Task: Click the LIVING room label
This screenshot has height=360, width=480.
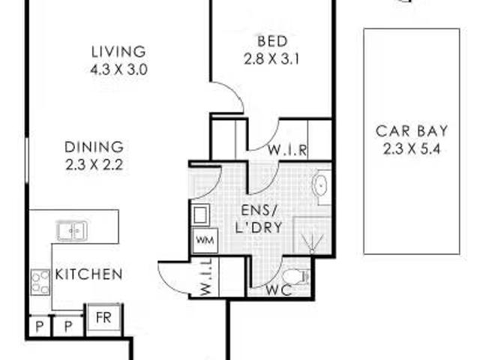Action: click(x=118, y=52)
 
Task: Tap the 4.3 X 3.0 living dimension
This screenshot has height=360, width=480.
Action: click(x=118, y=70)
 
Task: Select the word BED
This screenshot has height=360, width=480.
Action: click(x=272, y=41)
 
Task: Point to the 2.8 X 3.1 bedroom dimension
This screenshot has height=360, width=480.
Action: click(x=271, y=59)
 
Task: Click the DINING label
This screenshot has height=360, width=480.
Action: click(x=94, y=147)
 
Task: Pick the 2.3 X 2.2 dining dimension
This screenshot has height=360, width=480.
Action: click(x=94, y=165)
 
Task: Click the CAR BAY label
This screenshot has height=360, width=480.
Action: click(x=412, y=131)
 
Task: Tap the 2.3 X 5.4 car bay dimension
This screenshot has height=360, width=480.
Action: click(x=412, y=149)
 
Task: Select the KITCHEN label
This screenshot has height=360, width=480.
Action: click(x=88, y=274)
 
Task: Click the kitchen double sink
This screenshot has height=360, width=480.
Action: click(x=72, y=231)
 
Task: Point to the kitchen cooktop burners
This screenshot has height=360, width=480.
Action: click(x=40, y=282)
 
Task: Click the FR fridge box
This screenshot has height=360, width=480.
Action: click(x=103, y=318)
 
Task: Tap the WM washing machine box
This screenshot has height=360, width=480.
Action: click(x=205, y=241)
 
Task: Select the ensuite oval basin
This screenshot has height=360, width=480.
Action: click(x=320, y=185)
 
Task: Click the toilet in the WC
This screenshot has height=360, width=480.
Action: click(x=295, y=277)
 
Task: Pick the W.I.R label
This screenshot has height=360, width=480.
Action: click(x=287, y=150)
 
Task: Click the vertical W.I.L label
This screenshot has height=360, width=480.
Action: click(x=207, y=277)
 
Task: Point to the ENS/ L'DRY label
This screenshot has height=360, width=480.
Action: click(x=258, y=219)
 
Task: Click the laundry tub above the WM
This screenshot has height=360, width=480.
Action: click(x=201, y=215)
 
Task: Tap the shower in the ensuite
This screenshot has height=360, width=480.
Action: click(x=312, y=235)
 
